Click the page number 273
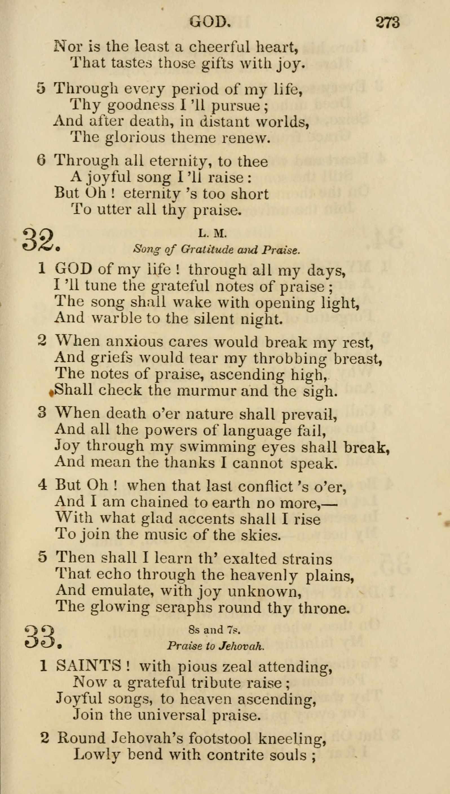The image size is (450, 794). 388,23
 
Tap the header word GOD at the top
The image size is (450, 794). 210,22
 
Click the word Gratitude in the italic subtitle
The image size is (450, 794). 207,250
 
